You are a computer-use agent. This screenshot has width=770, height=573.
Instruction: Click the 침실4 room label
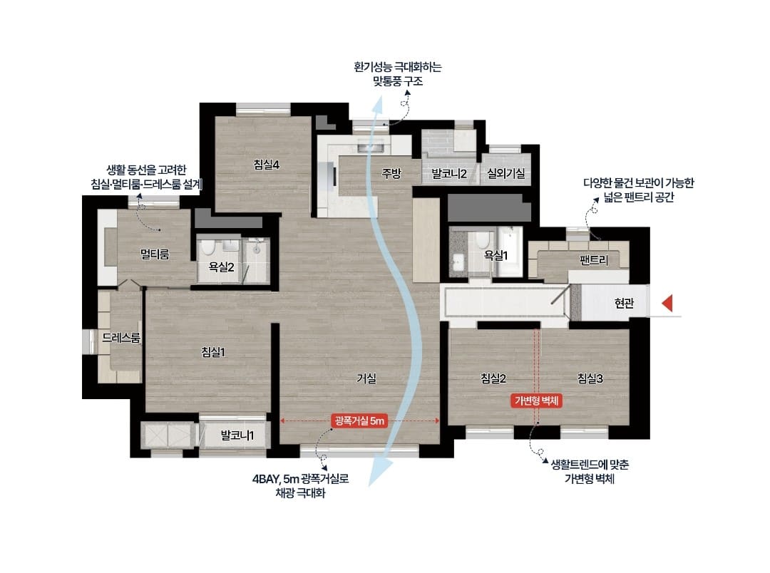(x=266, y=165)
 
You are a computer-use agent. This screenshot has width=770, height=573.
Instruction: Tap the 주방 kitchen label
(x=391, y=173)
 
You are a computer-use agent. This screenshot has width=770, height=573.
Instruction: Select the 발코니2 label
(x=449, y=173)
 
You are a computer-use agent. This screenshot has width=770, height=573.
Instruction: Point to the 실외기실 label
(x=506, y=173)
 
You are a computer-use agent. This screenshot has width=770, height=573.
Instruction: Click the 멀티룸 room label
(x=155, y=254)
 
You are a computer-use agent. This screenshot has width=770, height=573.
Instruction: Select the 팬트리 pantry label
(x=594, y=261)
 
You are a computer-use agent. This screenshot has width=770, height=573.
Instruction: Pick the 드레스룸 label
(x=120, y=337)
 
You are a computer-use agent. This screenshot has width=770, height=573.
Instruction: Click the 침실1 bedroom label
(x=213, y=351)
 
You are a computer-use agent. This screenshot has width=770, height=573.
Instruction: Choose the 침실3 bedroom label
(x=590, y=378)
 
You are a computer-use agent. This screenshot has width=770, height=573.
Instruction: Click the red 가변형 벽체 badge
(x=538, y=401)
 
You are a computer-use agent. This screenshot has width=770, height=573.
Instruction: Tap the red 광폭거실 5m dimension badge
(x=359, y=420)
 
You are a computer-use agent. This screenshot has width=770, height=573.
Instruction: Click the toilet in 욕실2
(x=208, y=248)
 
